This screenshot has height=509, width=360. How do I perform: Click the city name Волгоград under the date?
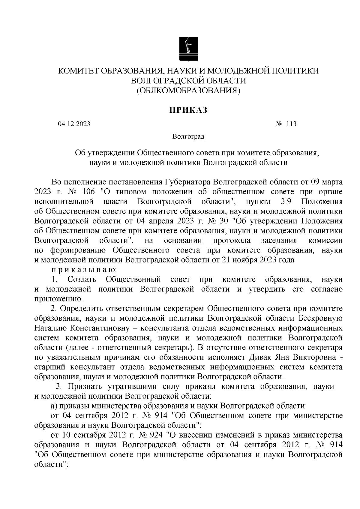(188, 137)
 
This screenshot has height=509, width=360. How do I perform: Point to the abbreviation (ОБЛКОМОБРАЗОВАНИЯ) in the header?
(188, 90)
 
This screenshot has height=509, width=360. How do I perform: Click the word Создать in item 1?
(82, 280)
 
